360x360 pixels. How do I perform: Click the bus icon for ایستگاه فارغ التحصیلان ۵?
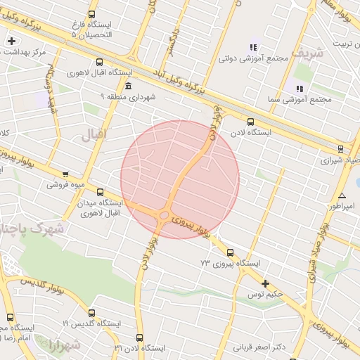(91, 14)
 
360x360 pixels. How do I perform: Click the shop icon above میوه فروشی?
(65, 174)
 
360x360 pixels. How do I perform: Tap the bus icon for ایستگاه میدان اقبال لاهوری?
(99, 191)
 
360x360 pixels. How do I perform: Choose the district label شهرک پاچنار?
(32, 229)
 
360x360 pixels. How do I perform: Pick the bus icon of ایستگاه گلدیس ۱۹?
(91, 313)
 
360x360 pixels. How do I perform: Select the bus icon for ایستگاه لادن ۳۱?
(139, 337)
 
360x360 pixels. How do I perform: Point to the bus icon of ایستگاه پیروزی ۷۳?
(230, 252)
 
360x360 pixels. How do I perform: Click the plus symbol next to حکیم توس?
(265, 283)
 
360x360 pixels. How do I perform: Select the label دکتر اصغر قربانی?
(259, 347)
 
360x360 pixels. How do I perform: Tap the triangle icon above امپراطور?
(342, 196)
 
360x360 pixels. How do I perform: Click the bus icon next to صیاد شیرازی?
(340, 148)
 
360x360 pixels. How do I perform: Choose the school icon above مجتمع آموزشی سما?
(300, 89)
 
